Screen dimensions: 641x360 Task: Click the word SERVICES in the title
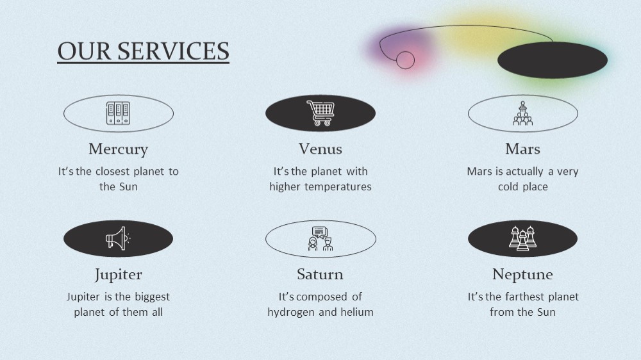point(173,51)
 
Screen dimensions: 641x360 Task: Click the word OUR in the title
point(84,51)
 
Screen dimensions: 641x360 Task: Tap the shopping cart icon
point(320,113)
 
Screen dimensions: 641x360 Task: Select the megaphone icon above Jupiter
point(118,239)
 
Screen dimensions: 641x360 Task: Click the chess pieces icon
point(523,239)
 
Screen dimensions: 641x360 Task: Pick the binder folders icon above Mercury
point(118,113)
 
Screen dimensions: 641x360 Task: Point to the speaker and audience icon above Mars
point(523,113)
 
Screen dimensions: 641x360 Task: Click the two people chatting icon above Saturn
point(320,239)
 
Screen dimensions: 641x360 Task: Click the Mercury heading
point(118,149)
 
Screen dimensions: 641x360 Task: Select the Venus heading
point(320,149)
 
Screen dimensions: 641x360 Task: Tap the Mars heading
point(523,149)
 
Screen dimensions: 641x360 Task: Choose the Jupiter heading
point(118,275)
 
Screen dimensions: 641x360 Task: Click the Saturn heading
point(320,274)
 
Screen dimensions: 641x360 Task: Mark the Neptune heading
point(523,275)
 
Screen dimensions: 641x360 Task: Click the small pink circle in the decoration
point(406,60)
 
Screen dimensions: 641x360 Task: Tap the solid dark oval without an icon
point(553,60)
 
